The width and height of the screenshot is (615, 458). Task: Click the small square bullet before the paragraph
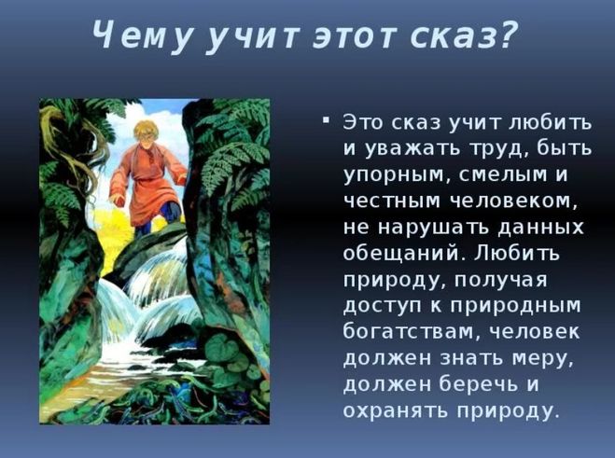(325, 120)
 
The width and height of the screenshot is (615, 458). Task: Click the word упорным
(392, 175)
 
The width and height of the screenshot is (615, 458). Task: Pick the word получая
(501, 281)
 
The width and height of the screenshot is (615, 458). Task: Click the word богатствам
(407, 331)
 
